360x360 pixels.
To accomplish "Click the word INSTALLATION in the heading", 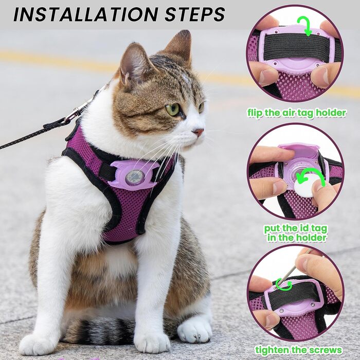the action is click(x=86, y=14).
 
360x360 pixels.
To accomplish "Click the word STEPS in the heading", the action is click(x=195, y=14).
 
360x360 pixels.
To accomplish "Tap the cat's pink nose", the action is click(x=199, y=132).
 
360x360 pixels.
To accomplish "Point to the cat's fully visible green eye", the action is click(x=173, y=110).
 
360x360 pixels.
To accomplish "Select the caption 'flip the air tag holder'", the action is click(x=296, y=113).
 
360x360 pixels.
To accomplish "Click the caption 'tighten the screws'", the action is click(x=298, y=350).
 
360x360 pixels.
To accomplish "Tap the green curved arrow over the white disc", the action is click(x=311, y=177).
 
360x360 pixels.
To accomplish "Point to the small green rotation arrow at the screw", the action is click(x=284, y=285).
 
